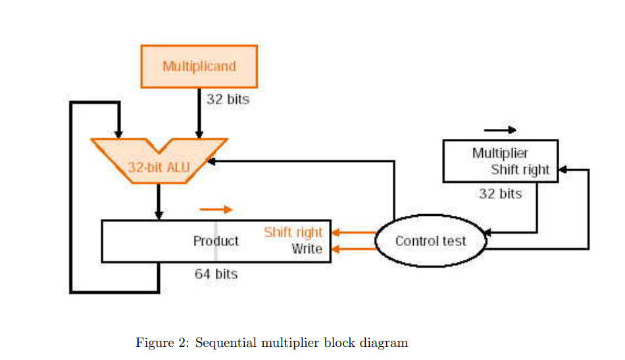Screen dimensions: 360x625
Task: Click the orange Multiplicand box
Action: click(199, 66)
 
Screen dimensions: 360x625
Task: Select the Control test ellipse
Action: click(430, 241)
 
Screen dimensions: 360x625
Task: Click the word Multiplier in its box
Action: click(499, 153)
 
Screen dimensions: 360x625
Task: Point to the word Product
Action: click(216, 241)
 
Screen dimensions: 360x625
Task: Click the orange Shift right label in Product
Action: click(293, 232)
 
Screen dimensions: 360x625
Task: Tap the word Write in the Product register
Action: click(307, 249)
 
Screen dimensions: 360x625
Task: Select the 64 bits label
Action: click(216, 274)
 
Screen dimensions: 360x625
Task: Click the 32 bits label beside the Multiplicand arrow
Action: click(228, 99)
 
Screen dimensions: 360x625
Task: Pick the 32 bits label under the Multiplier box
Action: click(500, 193)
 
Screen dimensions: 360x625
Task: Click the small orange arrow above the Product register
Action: click(216, 209)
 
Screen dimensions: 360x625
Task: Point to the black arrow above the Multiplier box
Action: click(500, 130)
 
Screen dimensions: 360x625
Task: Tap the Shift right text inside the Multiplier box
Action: click(520, 170)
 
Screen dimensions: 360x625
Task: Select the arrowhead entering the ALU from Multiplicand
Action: click(199, 135)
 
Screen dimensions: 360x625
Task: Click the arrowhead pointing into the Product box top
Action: click(159, 215)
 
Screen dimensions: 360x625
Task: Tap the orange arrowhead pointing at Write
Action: click(336, 249)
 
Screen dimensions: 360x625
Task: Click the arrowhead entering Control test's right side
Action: click(488, 232)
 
